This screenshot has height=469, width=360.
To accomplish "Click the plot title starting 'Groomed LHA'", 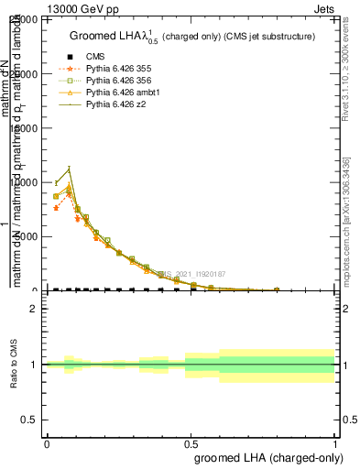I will click(192, 37).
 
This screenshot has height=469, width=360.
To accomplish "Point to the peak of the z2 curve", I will click(69, 169).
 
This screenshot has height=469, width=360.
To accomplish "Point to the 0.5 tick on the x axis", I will click(191, 442).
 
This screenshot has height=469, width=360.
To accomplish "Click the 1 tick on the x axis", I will click(335, 442).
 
